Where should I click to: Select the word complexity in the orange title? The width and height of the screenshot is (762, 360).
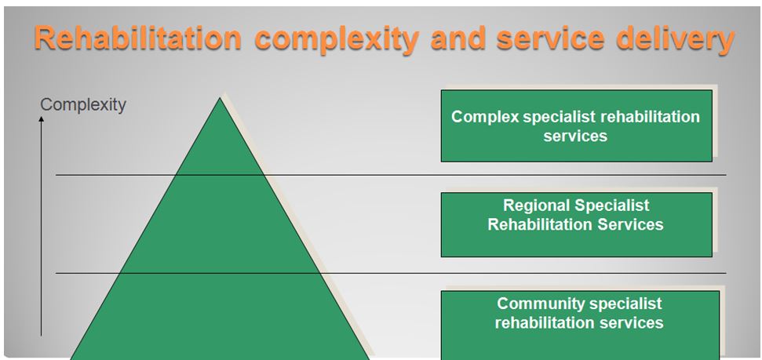coord(337,40)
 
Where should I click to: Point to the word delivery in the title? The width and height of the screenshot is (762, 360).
coord(676,40)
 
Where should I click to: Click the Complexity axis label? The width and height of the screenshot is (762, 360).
coord(83,104)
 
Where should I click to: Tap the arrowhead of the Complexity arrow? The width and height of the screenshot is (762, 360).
coord(42,119)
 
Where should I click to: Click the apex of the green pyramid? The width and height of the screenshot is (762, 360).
coord(220,98)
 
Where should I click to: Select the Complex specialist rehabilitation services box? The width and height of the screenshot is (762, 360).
coord(576,125)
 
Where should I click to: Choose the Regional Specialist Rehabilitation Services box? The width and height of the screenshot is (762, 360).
coord(576,224)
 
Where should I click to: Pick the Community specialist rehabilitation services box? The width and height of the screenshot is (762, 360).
coord(580,325)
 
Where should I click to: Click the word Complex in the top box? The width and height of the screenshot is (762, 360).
coord(486,117)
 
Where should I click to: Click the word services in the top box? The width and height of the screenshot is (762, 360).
coord(575,136)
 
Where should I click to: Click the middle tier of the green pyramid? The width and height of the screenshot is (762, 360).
coord(220,224)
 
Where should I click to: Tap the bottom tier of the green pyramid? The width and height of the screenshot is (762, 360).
coord(220,317)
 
